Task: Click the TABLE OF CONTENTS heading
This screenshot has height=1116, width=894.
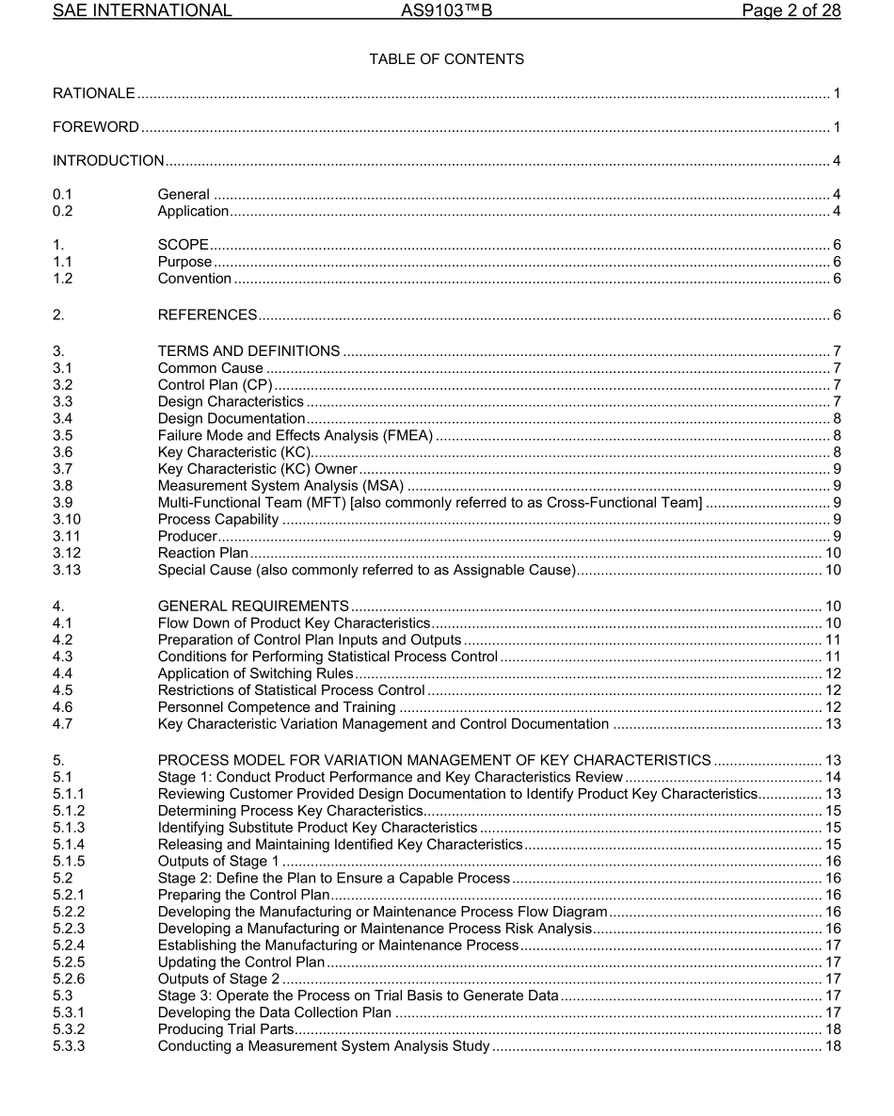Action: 446,59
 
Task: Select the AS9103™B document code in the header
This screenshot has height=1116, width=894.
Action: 446,11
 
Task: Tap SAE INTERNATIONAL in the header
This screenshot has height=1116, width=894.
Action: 142,11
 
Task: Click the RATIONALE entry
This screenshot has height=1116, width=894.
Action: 94,93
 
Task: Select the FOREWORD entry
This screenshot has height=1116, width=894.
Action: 96,127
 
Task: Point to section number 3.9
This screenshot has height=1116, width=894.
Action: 62,503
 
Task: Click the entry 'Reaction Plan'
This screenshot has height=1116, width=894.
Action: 202,553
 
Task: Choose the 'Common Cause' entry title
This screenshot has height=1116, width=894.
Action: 210,368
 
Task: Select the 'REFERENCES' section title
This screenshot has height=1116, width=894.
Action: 207,315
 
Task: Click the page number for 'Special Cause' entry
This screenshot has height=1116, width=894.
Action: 832,570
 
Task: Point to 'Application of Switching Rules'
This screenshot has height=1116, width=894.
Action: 255,673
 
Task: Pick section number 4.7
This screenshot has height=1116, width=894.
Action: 62,724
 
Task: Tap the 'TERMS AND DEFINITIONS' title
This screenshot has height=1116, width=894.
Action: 248,351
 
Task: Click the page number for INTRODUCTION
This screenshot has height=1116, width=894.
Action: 836,161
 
